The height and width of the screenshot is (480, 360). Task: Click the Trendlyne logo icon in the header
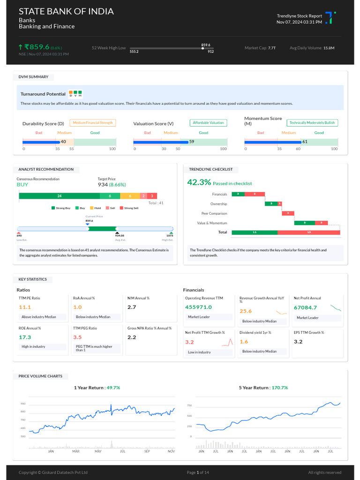click(330, 18)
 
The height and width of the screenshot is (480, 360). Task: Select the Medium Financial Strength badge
click(93, 123)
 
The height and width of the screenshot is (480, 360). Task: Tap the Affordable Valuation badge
click(208, 123)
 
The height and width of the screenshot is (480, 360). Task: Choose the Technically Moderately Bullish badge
click(312, 123)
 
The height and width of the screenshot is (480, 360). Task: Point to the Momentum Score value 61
click(305, 142)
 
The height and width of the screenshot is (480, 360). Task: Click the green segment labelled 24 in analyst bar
click(59, 196)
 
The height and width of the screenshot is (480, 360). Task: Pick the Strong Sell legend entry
click(129, 208)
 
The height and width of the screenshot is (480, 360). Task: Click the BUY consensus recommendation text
click(22, 185)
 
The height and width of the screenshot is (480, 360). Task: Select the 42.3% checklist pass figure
click(199, 182)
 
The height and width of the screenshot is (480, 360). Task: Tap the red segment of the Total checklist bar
click(308, 232)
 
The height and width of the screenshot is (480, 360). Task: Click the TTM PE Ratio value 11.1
click(25, 307)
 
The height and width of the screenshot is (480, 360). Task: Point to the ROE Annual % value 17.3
click(25, 337)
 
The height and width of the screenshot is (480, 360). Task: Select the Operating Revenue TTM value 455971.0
click(198, 307)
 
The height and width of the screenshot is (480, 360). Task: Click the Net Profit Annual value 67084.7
click(306, 307)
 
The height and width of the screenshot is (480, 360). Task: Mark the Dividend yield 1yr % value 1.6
click(244, 342)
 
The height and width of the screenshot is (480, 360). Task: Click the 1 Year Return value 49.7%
click(113, 388)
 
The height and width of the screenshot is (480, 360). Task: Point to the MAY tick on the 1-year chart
click(98, 451)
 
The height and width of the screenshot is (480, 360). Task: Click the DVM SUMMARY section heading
click(33, 77)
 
